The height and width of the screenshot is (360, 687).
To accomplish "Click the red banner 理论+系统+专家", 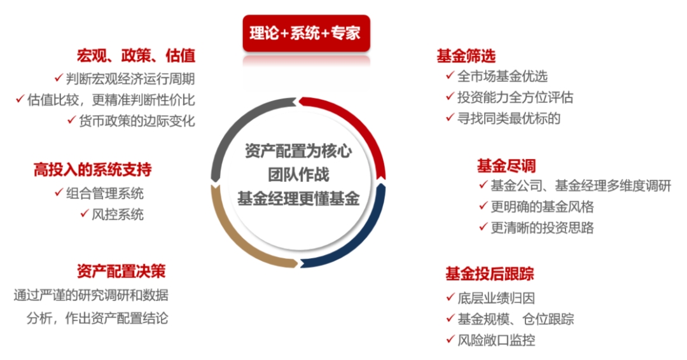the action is (x=306, y=33).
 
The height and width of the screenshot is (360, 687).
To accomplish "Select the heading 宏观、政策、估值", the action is (x=136, y=55).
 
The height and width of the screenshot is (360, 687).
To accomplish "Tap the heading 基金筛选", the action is (x=466, y=56).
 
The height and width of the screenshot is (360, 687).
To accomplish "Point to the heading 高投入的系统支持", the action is (x=92, y=169).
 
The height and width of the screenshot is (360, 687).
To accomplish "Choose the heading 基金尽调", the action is (x=506, y=166).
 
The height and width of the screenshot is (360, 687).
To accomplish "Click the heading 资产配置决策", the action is (x=121, y=271).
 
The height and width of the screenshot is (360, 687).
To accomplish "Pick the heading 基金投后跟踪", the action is (x=489, y=273).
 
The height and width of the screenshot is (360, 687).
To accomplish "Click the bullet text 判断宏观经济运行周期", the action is (x=130, y=79).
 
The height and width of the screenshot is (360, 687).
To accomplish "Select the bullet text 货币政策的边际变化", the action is (x=137, y=121).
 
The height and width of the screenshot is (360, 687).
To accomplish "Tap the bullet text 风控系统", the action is (x=118, y=214).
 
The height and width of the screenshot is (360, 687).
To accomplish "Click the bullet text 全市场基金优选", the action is (x=503, y=76).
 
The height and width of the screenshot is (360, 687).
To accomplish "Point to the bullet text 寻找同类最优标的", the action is (x=509, y=118).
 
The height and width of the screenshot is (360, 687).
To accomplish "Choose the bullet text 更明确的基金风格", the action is (x=542, y=206).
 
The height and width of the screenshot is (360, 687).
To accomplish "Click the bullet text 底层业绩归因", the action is (x=496, y=298).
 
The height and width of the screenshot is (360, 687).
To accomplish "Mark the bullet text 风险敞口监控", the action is (x=496, y=340).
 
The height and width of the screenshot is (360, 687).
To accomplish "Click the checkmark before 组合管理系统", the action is (x=59, y=192).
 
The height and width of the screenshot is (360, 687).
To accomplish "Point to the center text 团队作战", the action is (x=298, y=175).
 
